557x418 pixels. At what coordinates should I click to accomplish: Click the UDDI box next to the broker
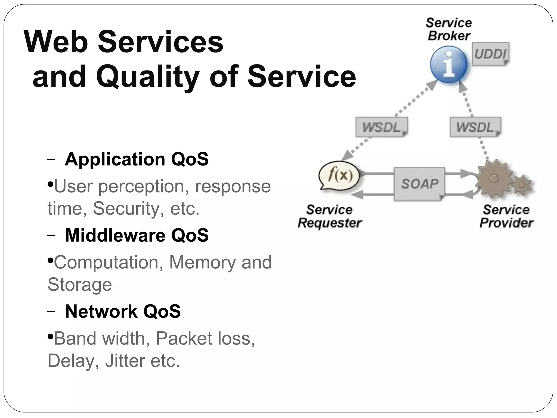(490, 54)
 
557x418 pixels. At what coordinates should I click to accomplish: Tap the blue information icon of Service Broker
(449, 64)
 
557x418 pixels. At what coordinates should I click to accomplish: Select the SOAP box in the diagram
(419, 184)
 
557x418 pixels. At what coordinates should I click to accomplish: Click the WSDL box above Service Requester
(381, 127)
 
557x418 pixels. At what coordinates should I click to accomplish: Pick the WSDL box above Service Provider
(475, 127)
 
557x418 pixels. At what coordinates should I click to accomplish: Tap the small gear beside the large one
(522, 185)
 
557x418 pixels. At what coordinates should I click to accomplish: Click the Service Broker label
(449, 29)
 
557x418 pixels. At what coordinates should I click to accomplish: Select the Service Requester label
(330, 217)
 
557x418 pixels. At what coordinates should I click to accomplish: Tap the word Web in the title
(56, 42)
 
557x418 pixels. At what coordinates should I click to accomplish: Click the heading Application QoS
(137, 159)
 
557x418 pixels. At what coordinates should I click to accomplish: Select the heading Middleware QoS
(137, 235)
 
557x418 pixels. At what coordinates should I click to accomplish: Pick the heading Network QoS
(123, 311)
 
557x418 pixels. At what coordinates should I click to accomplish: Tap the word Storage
(80, 285)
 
